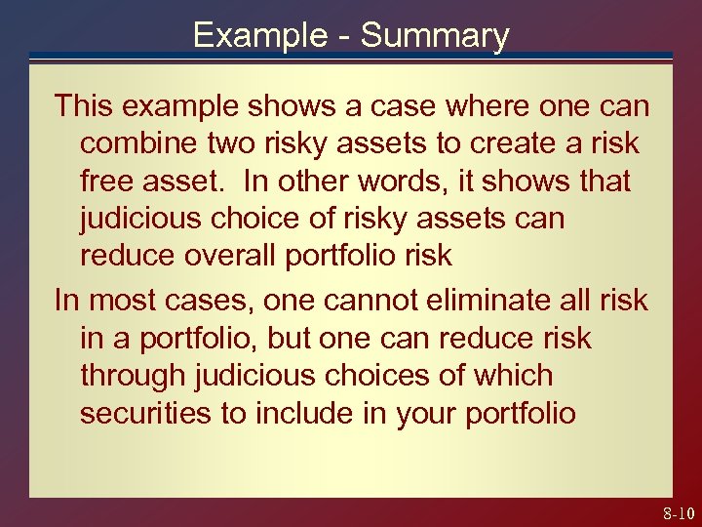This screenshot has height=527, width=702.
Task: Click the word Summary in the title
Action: click(435, 35)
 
